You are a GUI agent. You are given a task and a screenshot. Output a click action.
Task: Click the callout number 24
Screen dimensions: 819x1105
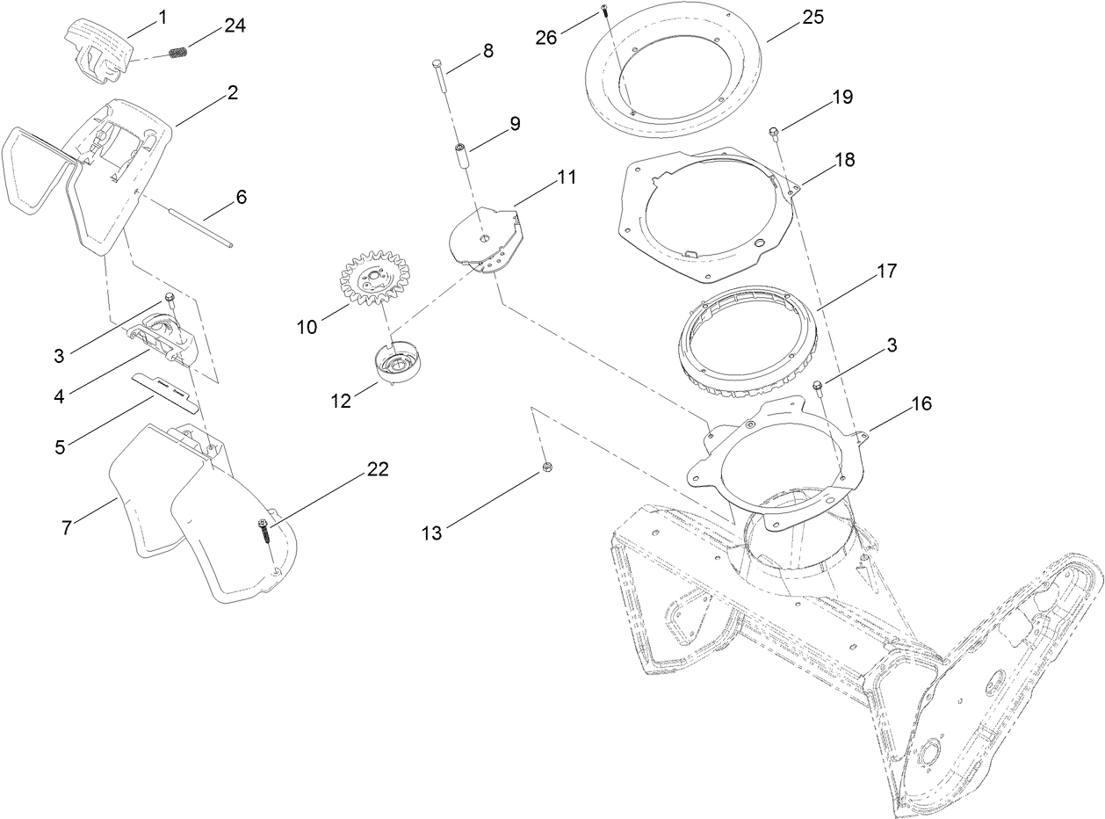(235, 25)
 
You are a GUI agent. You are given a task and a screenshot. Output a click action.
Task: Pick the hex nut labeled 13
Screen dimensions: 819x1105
(546, 467)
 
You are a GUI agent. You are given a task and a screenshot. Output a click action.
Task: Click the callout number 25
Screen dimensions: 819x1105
(812, 17)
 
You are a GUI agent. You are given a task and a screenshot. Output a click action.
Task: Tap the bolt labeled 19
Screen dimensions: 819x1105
(774, 133)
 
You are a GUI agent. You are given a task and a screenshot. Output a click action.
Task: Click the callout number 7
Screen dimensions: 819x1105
(67, 527)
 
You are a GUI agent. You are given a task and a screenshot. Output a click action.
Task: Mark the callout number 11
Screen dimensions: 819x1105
(566, 177)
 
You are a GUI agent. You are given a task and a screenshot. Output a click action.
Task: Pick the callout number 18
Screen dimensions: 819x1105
(844, 159)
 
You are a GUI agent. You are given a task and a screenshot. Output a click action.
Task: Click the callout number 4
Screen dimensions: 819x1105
(59, 396)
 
